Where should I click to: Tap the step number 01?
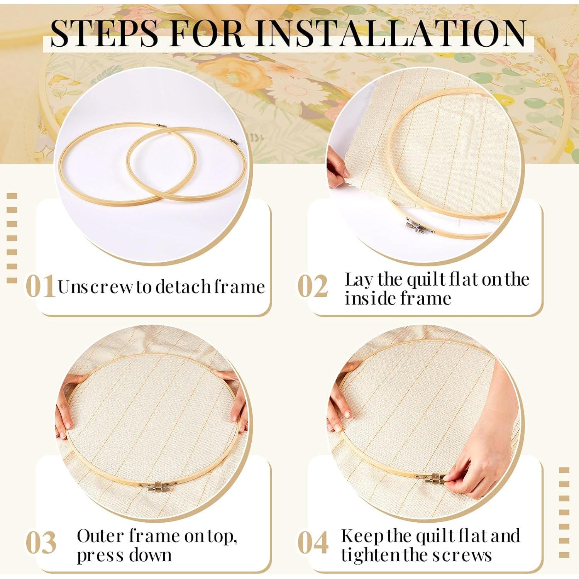(40, 286)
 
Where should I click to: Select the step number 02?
(313, 286)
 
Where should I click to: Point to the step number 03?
(41, 542)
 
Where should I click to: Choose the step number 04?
(313, 542)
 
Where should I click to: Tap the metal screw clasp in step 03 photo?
(161, 486)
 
